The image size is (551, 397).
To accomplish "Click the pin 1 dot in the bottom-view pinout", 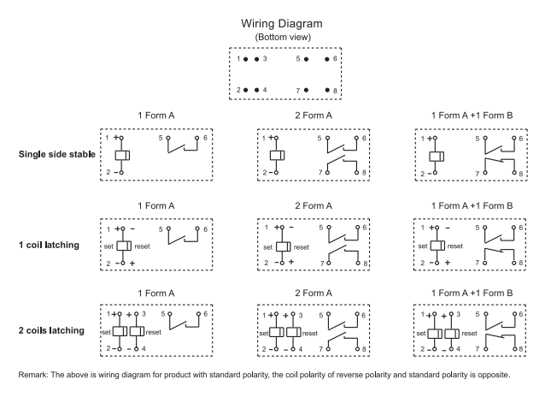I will coord(246,60).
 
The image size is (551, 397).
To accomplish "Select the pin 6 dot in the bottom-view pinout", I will coord(327,60).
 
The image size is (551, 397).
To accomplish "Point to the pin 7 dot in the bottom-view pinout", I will coord(306,90).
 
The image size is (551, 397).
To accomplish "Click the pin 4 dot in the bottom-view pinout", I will coord(256,90).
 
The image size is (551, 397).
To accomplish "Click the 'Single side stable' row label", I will coord(56,155).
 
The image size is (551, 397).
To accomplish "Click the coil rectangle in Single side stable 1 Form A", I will coord(121,155).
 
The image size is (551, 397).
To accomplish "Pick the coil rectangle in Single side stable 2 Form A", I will coord(276,155).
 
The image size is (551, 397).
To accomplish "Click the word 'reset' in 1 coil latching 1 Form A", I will coord(143,245).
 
